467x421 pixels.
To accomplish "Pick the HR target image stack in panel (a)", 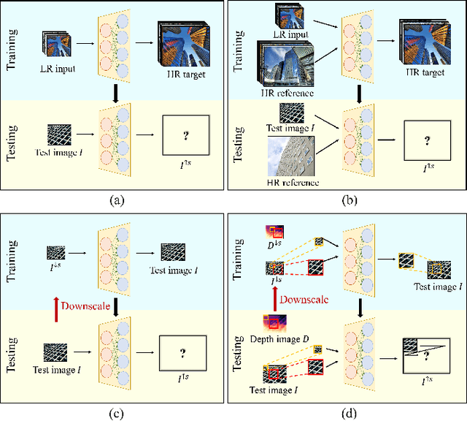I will tap(182, 42).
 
